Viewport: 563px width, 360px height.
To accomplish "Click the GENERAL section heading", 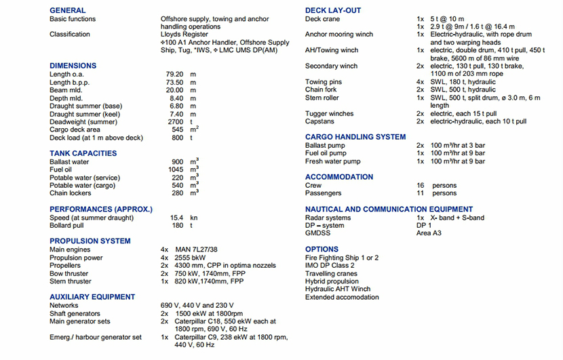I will click(68, 10).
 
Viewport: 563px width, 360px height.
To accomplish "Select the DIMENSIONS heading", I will click(73, 66).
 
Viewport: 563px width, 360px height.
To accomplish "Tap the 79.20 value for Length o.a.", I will click(174, 74).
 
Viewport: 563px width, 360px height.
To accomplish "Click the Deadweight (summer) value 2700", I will click(175, 121).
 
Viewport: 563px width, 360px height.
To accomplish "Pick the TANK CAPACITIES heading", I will click(83, 153).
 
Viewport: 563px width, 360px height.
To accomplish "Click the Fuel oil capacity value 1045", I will click(176, 169).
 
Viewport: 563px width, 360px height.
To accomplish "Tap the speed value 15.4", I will click(177, 218).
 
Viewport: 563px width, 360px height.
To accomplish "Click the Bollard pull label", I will click(66, 226).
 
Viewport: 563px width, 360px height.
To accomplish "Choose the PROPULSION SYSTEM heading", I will click(90, 241).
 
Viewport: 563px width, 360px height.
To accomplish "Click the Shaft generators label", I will click(75, 314).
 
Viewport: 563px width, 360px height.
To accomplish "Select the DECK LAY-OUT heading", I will click(333, 10).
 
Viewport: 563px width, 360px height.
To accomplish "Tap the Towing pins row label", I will click(324, 82).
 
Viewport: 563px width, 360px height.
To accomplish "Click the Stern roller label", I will click(322, 98).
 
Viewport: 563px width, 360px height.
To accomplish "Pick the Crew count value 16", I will click(421, 185).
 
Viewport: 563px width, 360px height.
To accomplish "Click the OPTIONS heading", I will click(322, 249).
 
